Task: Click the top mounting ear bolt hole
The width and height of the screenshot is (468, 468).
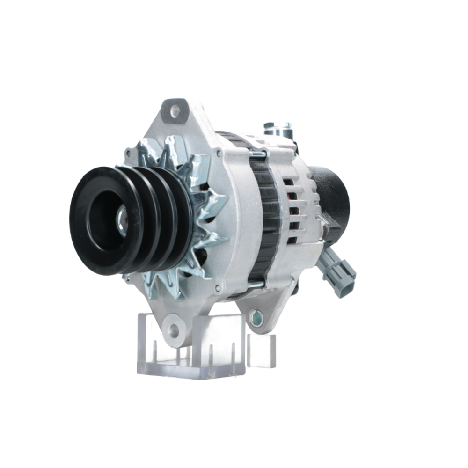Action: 175,111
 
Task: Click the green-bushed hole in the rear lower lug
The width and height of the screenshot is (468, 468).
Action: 256,318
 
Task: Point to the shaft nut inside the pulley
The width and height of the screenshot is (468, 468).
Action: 123,220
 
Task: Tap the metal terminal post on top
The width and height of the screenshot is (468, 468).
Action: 277,128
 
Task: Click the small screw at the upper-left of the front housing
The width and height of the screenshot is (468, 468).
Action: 127,153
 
